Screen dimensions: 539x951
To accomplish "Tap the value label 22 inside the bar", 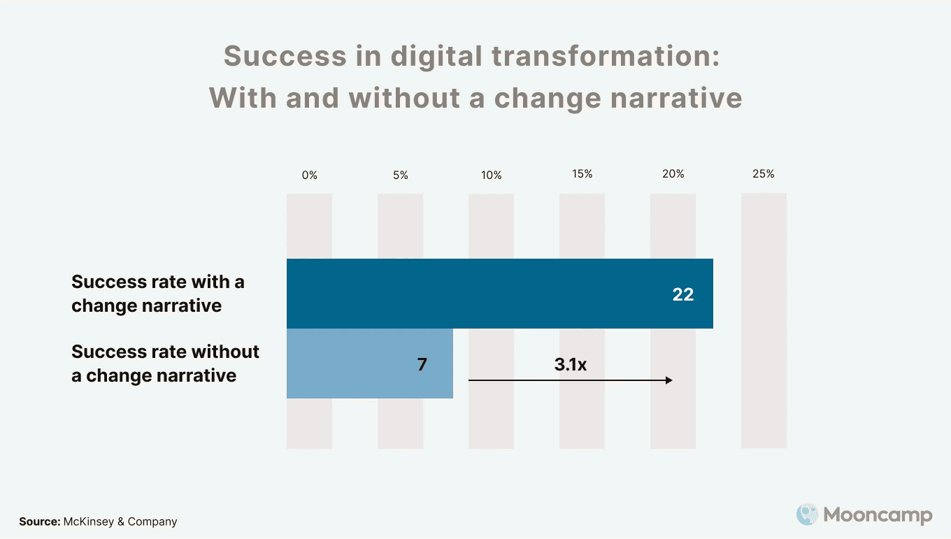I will pos(682,295).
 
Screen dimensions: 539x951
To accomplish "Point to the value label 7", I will pos(422,365).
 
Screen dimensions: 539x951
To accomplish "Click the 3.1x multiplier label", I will pos(571,364).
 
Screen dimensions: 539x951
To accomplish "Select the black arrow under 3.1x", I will pos(570,380).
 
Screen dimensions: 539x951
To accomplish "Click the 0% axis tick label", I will pos(309,175).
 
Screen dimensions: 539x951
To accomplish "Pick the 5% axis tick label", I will pos(400,175).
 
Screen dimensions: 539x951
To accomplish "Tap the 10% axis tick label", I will pos(491,175).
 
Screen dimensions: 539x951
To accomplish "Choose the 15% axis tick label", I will pos(582,174).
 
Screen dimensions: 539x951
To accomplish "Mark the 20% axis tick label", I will pos(673,174).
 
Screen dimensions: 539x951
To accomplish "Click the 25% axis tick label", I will pos(764,174).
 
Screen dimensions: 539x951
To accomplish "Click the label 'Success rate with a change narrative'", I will pos(158,294).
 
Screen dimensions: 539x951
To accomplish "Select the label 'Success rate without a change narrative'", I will pos(165,364).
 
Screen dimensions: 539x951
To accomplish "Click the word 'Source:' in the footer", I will pos(39,522).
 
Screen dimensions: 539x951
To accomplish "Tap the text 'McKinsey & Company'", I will pos(120,522).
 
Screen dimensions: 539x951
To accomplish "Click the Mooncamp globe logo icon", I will pos(807,515).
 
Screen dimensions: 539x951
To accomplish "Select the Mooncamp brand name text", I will pos(878,516).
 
